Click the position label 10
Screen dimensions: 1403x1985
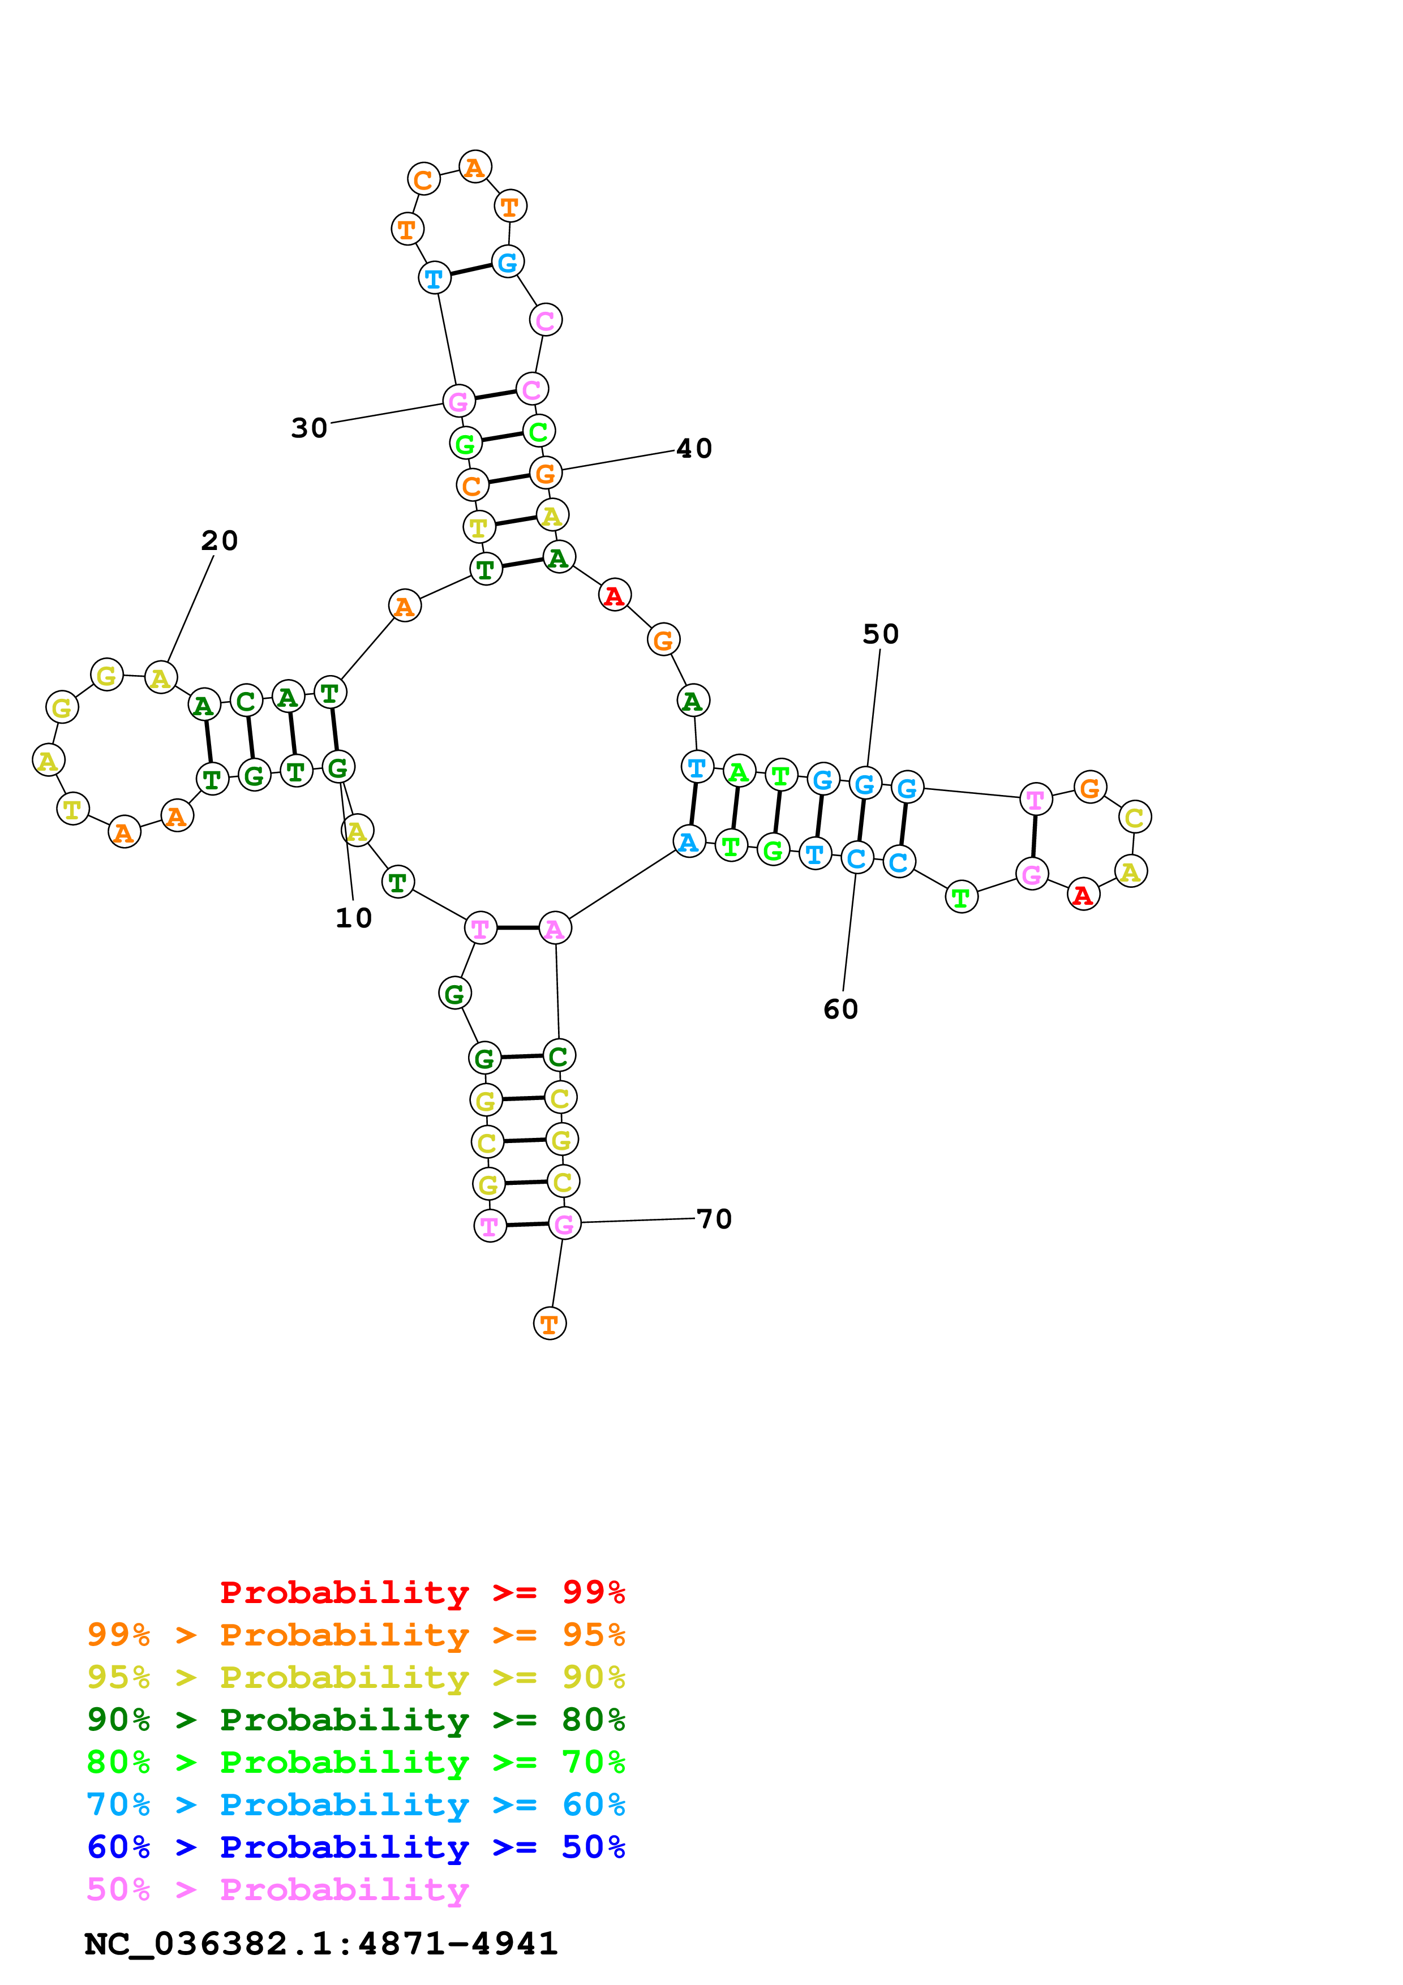(x=354, y=918)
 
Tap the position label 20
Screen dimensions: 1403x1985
(x=220, y=541)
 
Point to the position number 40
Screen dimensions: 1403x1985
(x=694, y=449)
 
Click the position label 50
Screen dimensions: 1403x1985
(x=881, y=634)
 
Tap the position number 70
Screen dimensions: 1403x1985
(x=714, y=1219)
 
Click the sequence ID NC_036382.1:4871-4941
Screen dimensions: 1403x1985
(x=321, y=1944)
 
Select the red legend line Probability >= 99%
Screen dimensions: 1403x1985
(x=422, y=1592)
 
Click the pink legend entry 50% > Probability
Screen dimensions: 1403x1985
(x=277, y=1890)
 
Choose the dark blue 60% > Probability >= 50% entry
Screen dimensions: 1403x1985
(x=355, y=1847)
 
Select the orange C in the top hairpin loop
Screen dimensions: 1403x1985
(x=423, y=180)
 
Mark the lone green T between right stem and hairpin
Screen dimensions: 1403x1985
(x=961, y=897)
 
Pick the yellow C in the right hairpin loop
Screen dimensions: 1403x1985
(x=1134, y=817)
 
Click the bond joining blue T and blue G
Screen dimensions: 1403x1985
(x=470, y=270)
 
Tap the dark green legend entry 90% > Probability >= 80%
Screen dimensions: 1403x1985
(x=355, y=1720)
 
